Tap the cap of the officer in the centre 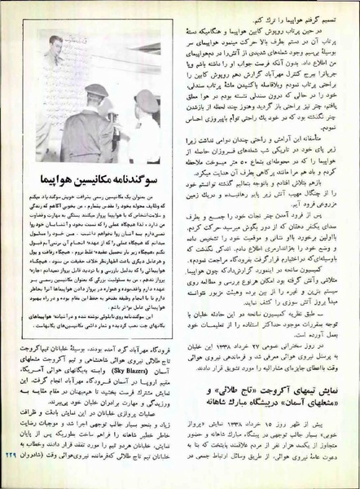pyautogui.click(x=96, y=90)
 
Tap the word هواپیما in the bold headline pyautogui.click(x=41, y=178)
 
